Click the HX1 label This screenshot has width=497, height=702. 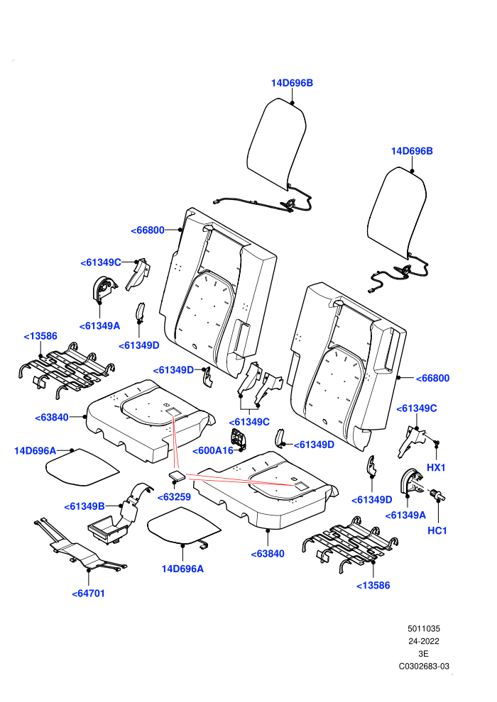coord(436,467)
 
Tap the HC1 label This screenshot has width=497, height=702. coord(437,530)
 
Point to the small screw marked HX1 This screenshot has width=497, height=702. coord(437,442)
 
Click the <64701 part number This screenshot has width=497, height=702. coord(88,594)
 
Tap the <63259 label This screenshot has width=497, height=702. coord(174,496)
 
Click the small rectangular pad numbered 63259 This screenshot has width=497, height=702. coord(177,476)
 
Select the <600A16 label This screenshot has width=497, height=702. coord(213,450)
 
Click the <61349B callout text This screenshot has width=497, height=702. coord(84,506)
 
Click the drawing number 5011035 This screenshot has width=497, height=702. coord(423,628)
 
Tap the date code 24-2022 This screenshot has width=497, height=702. coord(423,641)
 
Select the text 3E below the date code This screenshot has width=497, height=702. coord(423,654)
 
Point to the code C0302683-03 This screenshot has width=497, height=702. coord(424,666)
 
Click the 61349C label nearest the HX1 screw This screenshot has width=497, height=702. coord(416,408)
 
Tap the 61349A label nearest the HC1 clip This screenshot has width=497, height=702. coord(405,516)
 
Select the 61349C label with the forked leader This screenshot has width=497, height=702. coord(248,422)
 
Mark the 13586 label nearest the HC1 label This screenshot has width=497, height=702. coord(373,585)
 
